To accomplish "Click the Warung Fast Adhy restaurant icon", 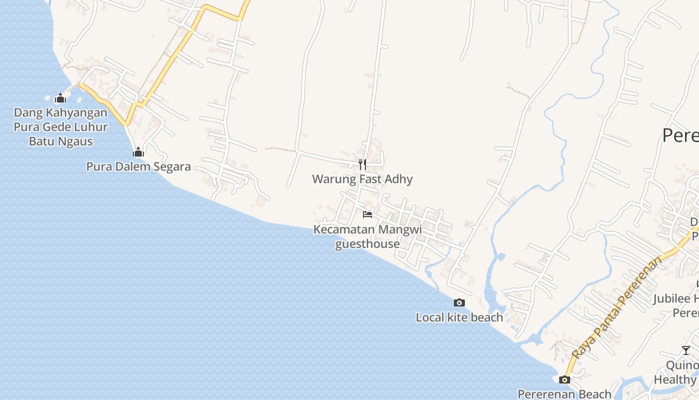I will click(x=362, y=164).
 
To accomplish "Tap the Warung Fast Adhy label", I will click(x=362, y=179).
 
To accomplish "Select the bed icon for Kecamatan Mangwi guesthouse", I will click(x=367, y=214).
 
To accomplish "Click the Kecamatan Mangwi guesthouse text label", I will click(x=367, y=236).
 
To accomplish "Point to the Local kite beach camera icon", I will click(x=459, y=302).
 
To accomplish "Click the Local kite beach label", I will click(x=459, y=317).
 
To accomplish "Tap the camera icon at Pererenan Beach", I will click(x=565, y=379).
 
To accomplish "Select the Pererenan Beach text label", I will click(x=564, y=394).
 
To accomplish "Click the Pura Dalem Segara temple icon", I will click(x=138, y=152).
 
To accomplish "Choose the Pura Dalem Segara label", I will click(x=138, y=166).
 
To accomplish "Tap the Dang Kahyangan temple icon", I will click(x=60, y=98).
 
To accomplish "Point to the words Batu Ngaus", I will click(x=61, y=141).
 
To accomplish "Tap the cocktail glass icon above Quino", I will click(x=686, y=350).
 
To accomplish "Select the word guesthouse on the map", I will click(x=367, y=244).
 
